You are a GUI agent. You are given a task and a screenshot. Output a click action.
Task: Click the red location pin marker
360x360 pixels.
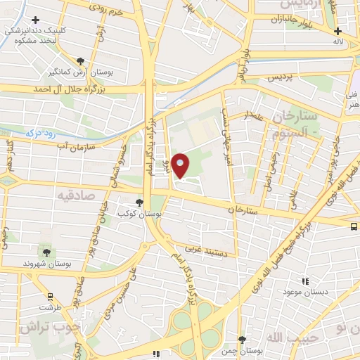click(x=180, y=165)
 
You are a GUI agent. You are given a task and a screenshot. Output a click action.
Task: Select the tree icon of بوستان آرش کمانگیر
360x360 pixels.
click(x=81, y=61)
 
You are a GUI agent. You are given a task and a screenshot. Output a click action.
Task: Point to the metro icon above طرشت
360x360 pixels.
click(x=50, y=297)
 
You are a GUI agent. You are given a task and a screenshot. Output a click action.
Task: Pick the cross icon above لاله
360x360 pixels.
click(x=338, y=32)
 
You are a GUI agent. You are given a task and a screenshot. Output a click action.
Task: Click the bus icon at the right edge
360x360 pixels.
click(x=354, y=226)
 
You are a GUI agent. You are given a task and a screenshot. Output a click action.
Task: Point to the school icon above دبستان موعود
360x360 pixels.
click(x=304, y=281)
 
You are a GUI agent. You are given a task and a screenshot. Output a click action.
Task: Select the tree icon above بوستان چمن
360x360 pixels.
click(x=243, y=340)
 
